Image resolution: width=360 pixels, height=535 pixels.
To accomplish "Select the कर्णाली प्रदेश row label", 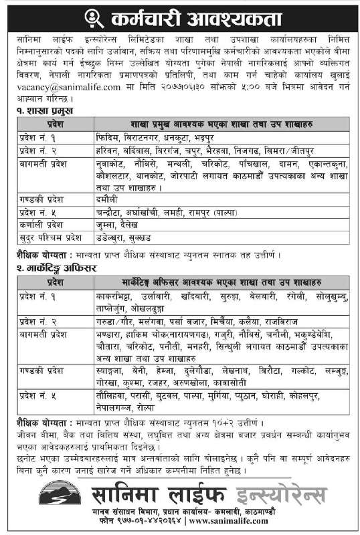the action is (x=39, y=226).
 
